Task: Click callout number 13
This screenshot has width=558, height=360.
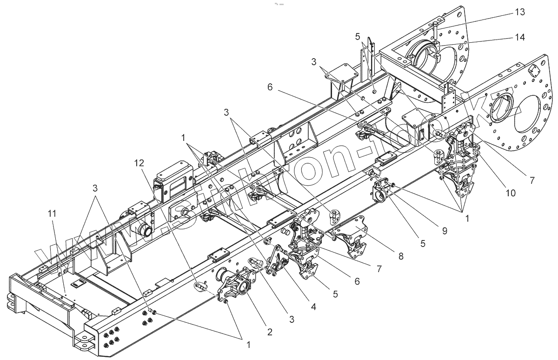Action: tap(520, 12)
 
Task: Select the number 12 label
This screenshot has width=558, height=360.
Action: tap(139, 163)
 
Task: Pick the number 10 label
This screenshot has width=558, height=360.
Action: tap(511, 193)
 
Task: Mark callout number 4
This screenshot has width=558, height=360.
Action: tap(313, 307)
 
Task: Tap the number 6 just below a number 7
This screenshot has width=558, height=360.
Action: tap(357, 281)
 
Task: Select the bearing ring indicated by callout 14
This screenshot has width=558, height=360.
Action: tap(424, 58)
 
